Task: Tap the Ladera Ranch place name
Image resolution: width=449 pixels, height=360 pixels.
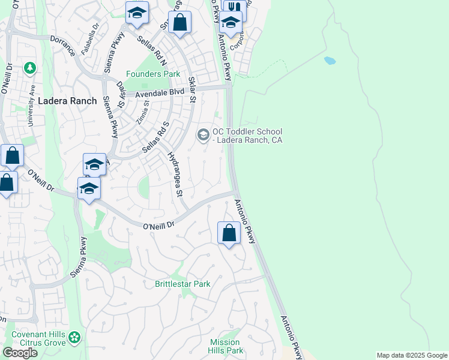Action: pyautogui.click(x=67, y=101)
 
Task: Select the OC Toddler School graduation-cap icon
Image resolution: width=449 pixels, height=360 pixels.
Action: pyautogui.click(x=203, y=136)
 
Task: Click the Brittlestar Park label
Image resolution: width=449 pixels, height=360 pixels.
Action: pyautogui.click(x=182, y=284)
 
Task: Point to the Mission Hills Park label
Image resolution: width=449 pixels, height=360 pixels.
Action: pyautogui.click(x=226, y=346)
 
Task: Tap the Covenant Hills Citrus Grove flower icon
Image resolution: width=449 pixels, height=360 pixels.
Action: pyautogui.click(x=74, y=338)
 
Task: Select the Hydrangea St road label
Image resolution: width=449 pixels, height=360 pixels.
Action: pyautogui.click(x=175, y=174)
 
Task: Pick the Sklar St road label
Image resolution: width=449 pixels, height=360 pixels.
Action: pyautogui.click(x=192, y=89)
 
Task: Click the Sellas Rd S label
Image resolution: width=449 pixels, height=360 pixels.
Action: pyautogui.click(x=155, y=137)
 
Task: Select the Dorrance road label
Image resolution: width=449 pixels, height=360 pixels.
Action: pyautogui.click(x=62, y=45)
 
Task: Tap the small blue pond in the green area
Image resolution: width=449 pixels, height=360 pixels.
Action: pyautogui.click(x=330, y=61)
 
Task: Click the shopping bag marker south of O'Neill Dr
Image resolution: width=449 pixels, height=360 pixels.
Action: pyautogui.click(x=229, y=232)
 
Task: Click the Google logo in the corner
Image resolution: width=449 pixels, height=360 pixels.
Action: pyautogui.click(x=20, y=353)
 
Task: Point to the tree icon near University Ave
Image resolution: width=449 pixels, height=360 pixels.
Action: pyautogui.click(x=29, y=68)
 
